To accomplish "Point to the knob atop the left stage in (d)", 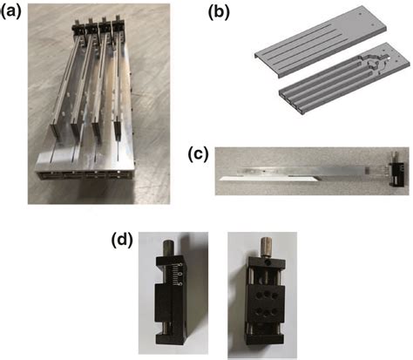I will (x=170, y=241).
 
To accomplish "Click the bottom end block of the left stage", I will (x=171, y=339).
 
